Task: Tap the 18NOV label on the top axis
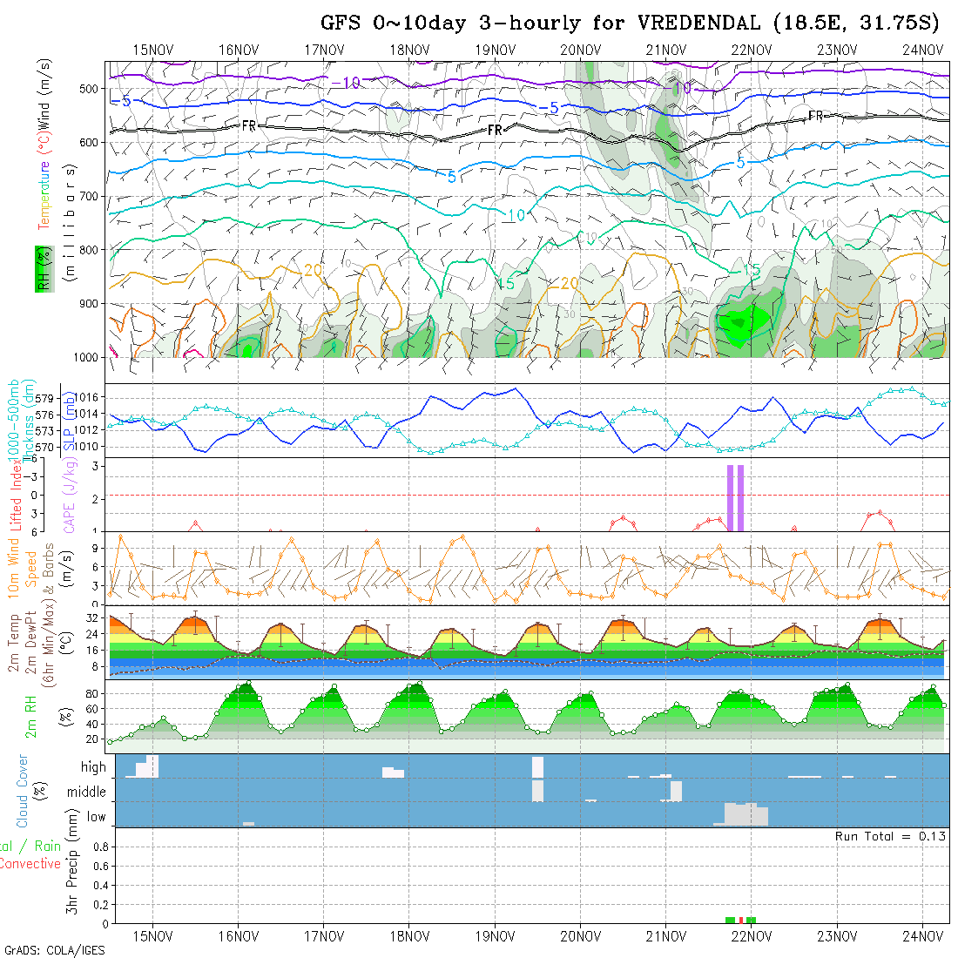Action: [408, 50]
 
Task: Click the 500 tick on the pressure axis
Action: [87, 89]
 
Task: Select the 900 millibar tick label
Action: [87, 304]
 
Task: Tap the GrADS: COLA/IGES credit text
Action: [54, 950]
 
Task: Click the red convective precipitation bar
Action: [740, 920]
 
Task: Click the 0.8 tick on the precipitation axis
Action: [98, 846]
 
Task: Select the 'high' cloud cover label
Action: [93, 767]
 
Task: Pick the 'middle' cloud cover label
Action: [87, 793]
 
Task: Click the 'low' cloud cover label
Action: [96, 817]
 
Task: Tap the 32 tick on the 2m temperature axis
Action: [94, 617]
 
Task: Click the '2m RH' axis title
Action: [30, 714]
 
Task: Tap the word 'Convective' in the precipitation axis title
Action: [30, 864]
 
